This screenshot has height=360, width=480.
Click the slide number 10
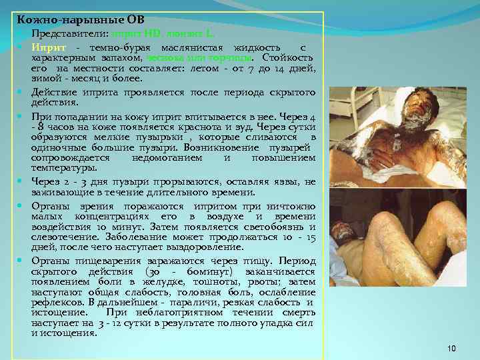point(451,349)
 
